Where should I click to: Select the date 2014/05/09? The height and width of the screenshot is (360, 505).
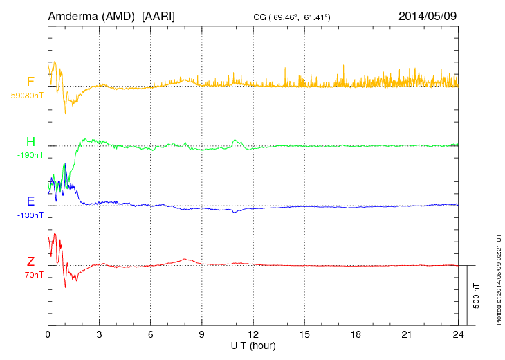point(428,15)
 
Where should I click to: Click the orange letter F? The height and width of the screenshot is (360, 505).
point(30,82)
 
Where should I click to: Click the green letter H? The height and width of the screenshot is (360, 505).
point(30,142)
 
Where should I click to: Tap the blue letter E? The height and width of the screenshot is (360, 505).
point(30,201)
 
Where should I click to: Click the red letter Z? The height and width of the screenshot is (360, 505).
point(30,261)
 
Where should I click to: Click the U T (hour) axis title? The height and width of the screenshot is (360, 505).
point(253,345)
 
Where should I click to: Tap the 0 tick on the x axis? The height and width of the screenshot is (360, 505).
point(48,334)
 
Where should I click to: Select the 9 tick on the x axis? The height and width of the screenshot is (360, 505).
point(201,334)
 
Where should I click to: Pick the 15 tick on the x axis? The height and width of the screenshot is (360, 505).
point(304,334)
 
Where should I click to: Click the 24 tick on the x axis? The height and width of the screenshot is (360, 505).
point(457,334)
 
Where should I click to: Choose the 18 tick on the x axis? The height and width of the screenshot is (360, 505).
point(355,334)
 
